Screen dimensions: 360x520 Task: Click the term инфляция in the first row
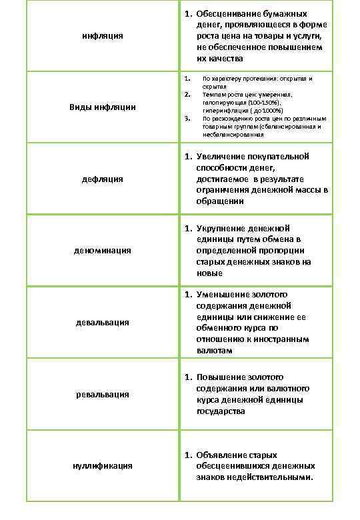point(103,35)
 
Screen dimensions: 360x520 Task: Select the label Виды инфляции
point(103,107)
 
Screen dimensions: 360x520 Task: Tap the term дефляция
point(103,179)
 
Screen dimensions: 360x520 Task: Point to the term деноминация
point(103,250)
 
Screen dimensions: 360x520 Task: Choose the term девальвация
point(103,322)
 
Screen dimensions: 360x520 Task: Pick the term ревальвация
point(103,394)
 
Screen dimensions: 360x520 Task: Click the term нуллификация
point(103,465)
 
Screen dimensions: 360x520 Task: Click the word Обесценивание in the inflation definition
point(225,13)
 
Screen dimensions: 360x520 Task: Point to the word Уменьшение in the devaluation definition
point(221,294)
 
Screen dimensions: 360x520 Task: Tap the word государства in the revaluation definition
point(221,411)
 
